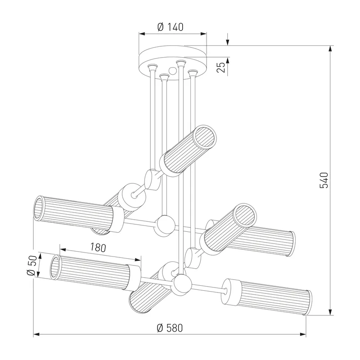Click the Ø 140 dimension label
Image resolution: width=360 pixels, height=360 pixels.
[x=171, y=27]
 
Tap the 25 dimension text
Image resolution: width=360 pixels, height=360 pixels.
[x=221, y=67]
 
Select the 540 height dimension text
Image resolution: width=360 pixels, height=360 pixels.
[x=324, y=180]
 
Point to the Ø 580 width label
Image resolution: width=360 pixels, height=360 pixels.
[x=170, y=328]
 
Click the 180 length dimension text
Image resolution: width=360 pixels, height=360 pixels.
[x=98, y=247]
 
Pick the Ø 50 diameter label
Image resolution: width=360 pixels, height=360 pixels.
[x=32, y=265]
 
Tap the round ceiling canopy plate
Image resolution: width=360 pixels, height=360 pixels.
[x=173, y=62]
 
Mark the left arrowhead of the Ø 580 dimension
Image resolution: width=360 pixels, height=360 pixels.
[x=37, y=334]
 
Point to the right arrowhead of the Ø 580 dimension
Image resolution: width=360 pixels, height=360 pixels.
[x=302, y=334]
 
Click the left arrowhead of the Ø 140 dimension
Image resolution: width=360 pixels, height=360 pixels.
[x=142, y=34]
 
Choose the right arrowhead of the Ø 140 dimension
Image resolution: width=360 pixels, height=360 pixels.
[x=204, y=34]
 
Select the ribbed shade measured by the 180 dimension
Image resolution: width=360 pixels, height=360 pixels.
[x=95, y=271]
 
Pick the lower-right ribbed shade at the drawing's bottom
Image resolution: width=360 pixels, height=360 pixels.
[x=267, y=297]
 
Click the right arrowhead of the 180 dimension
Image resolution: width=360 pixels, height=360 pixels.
[x=137, y=260]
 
